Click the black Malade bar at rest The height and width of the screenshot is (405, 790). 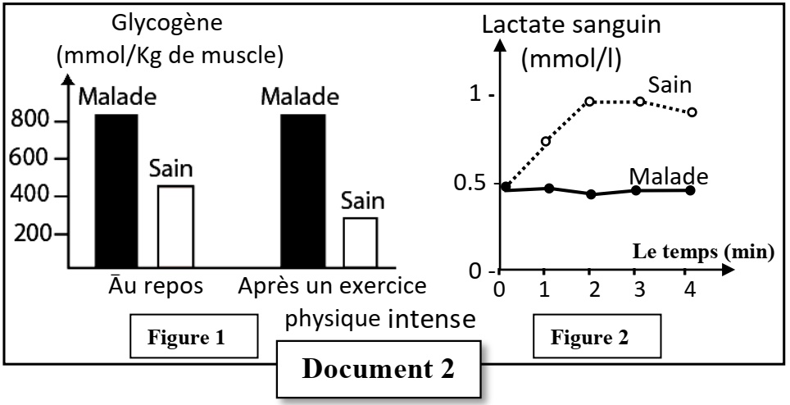[116, 191]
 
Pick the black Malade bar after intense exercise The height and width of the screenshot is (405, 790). [302, 191]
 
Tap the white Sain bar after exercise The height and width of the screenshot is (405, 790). [360, 243]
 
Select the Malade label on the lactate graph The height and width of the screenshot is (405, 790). [668, 175]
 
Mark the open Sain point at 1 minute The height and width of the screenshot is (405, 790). [546, 141]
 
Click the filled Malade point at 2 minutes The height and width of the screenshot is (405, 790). [591, 194]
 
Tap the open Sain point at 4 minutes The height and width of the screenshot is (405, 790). [692, 111]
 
